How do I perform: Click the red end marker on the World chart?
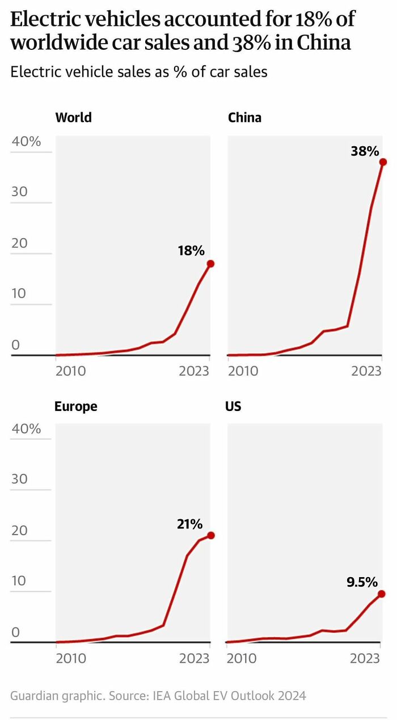[210, 264]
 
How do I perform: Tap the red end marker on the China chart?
[383, 162]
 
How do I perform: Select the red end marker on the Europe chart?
[210, 535]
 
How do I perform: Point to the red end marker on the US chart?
[382, 594]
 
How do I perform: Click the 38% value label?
[364, 151]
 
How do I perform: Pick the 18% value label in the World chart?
[191, 251]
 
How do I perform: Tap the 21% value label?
[189, 524]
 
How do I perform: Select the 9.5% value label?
[362, 582]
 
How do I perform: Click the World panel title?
[73, 118]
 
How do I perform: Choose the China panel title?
[244, 118]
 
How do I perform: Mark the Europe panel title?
[76, 406]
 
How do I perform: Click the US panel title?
[233, 406]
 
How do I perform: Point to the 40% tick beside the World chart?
[27, 142]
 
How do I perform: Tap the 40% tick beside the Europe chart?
[27, 429]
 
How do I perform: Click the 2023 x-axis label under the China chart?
[366, 371]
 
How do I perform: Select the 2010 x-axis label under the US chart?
[242, 658]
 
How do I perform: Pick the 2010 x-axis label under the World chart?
[71, 371]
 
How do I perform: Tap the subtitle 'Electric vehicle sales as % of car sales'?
[139, 72]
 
